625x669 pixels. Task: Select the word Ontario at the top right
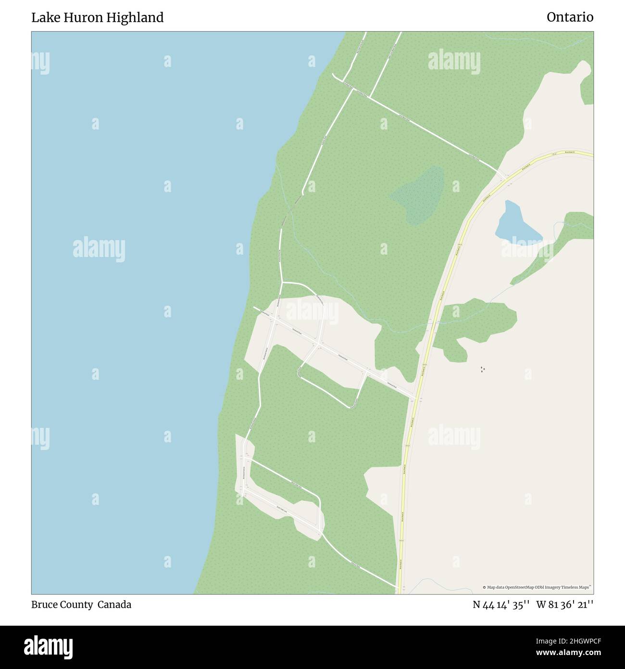tap(570, 18)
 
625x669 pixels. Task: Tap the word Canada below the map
tap(114, 605)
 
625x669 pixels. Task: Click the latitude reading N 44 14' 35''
tap(501, 605)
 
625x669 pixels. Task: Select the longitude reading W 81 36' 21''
tap(565, 605)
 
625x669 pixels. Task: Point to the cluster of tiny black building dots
tap(482, 370)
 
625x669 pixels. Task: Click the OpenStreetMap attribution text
tap(537, 587)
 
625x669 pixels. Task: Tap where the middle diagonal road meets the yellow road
tap(414, 397)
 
